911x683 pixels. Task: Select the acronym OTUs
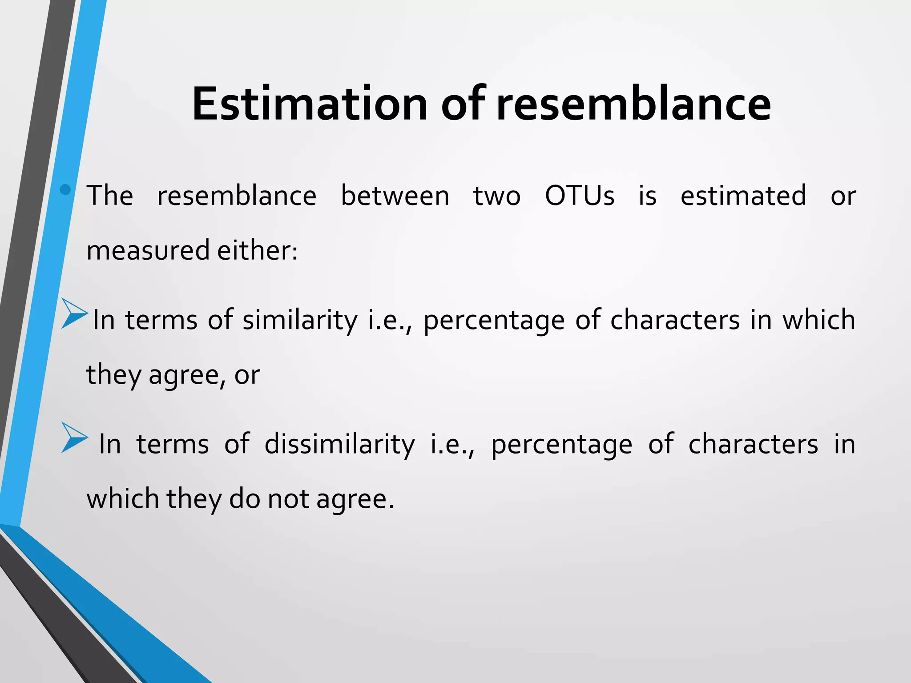(580, 196)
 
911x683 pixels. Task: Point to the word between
(395, 196)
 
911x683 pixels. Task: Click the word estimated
(743, 196)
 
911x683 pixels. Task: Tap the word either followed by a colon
(257, 250)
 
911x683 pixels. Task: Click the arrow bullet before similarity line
(74, 313)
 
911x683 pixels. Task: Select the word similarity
(300, 320)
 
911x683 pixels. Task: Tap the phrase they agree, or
(173, 374)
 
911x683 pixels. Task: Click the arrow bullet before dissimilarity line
(74, 438)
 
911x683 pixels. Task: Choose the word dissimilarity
(339, 444)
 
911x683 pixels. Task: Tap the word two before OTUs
(496, 196)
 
